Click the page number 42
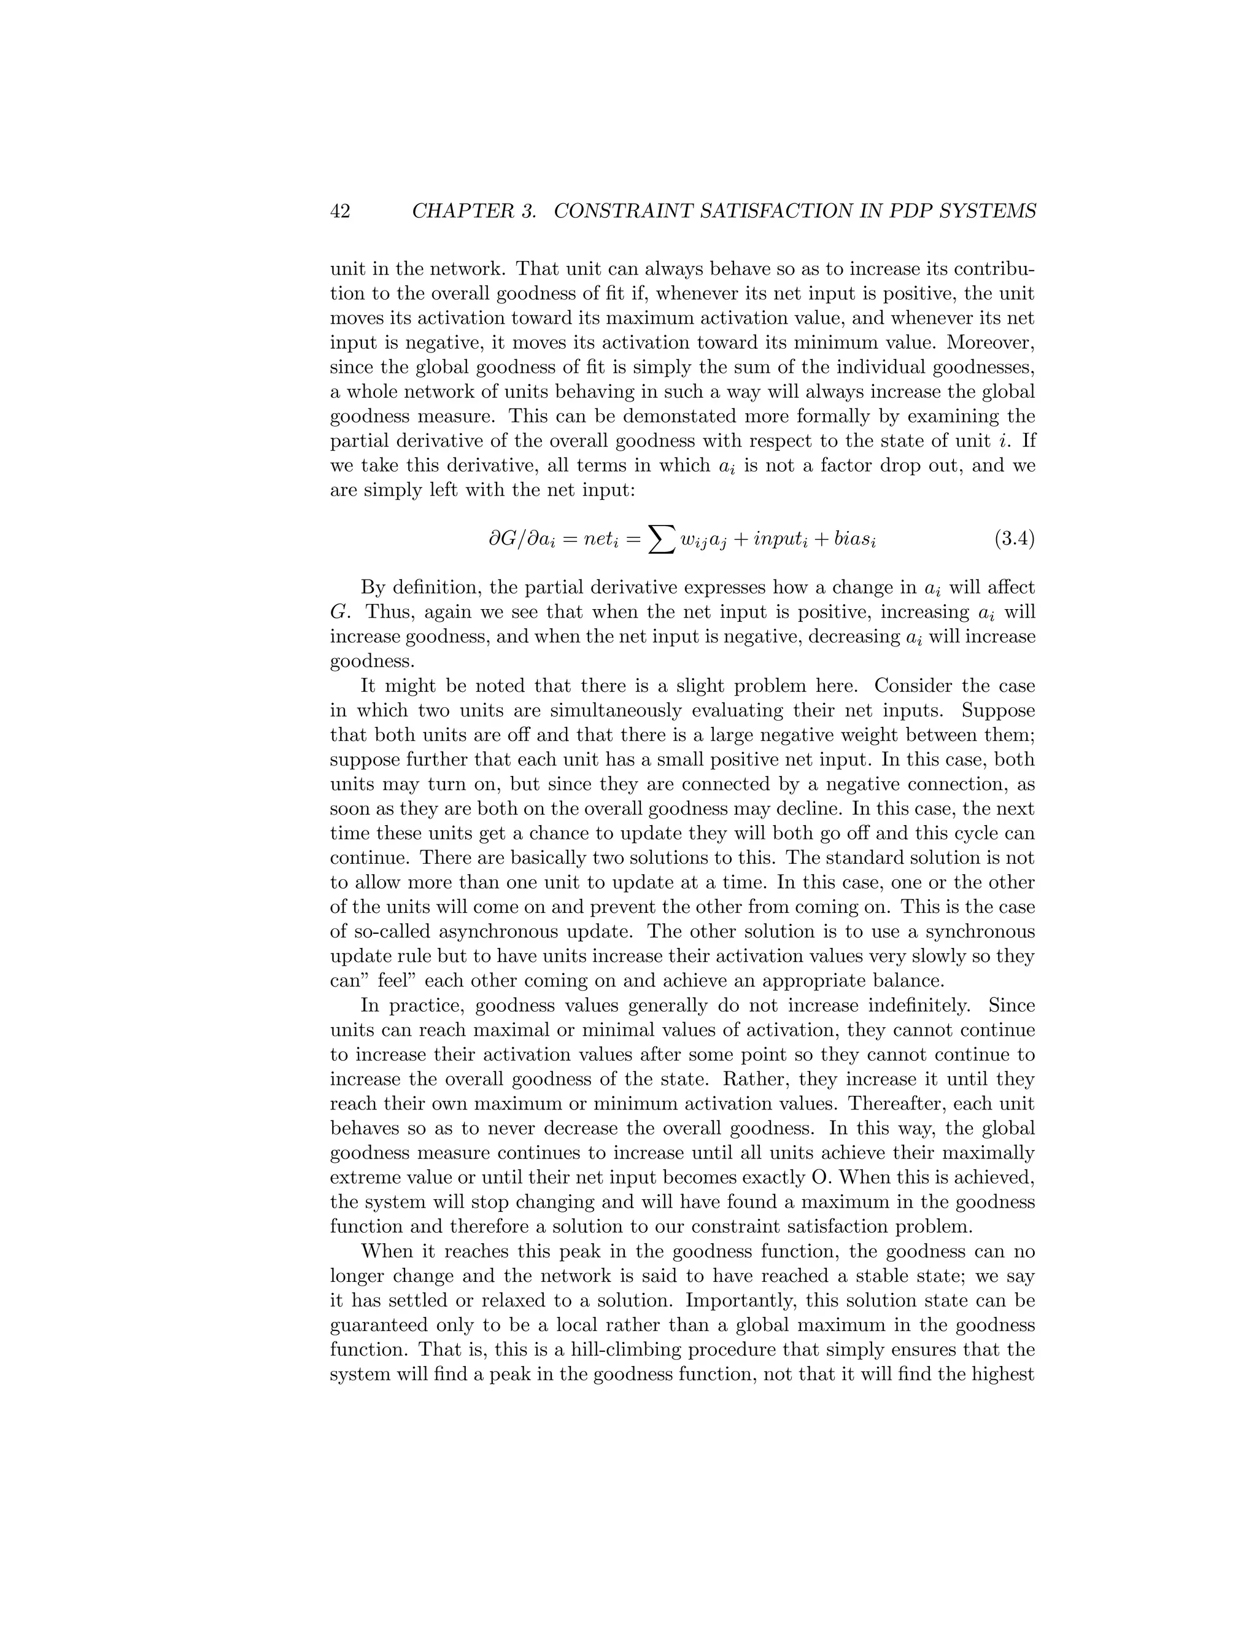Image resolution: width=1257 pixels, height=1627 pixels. point(339,212)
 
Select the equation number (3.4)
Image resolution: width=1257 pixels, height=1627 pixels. point(1014,539)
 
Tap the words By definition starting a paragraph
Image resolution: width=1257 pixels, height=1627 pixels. point(417,588)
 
